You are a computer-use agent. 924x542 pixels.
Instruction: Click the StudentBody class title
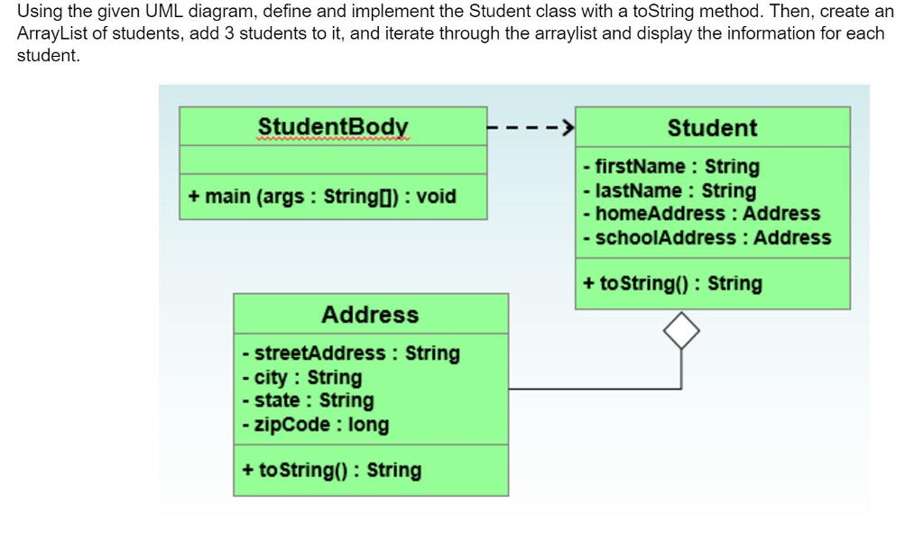[x=333, y=126]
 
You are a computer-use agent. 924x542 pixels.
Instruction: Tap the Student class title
[x=713, y=128]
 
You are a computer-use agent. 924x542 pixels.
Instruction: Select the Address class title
[x=370, y=315]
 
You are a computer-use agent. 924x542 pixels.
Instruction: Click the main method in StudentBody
[x=322, y=197]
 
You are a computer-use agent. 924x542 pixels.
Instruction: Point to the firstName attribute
[x=671, y=167]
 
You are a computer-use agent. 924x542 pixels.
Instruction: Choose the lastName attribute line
[x=670, y=191]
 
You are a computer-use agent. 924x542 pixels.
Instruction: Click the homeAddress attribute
[x=701, y=213]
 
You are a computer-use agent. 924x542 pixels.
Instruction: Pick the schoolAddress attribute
[x=707, y=237]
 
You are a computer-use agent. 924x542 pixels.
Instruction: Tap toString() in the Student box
[x=672, y=283]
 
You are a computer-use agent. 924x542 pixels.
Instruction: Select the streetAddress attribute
[x=351, y=353]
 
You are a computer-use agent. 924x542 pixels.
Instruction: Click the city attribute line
[x=302, y=377]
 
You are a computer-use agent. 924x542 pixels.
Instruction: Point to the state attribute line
[x=309, y=400]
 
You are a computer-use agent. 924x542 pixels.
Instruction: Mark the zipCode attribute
[x=316, y=424]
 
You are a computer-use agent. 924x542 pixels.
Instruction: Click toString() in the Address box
[x=332, y=470]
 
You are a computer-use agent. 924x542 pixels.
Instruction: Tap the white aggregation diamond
[x=681, y=330]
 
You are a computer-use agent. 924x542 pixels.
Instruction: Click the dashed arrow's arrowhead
[x=568, y=127]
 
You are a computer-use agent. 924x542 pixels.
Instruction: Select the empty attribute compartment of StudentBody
[x=333, y=160]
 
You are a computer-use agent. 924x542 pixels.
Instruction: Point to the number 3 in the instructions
[x=229, y=33]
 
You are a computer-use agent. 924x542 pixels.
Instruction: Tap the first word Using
[x=40, y=12]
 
